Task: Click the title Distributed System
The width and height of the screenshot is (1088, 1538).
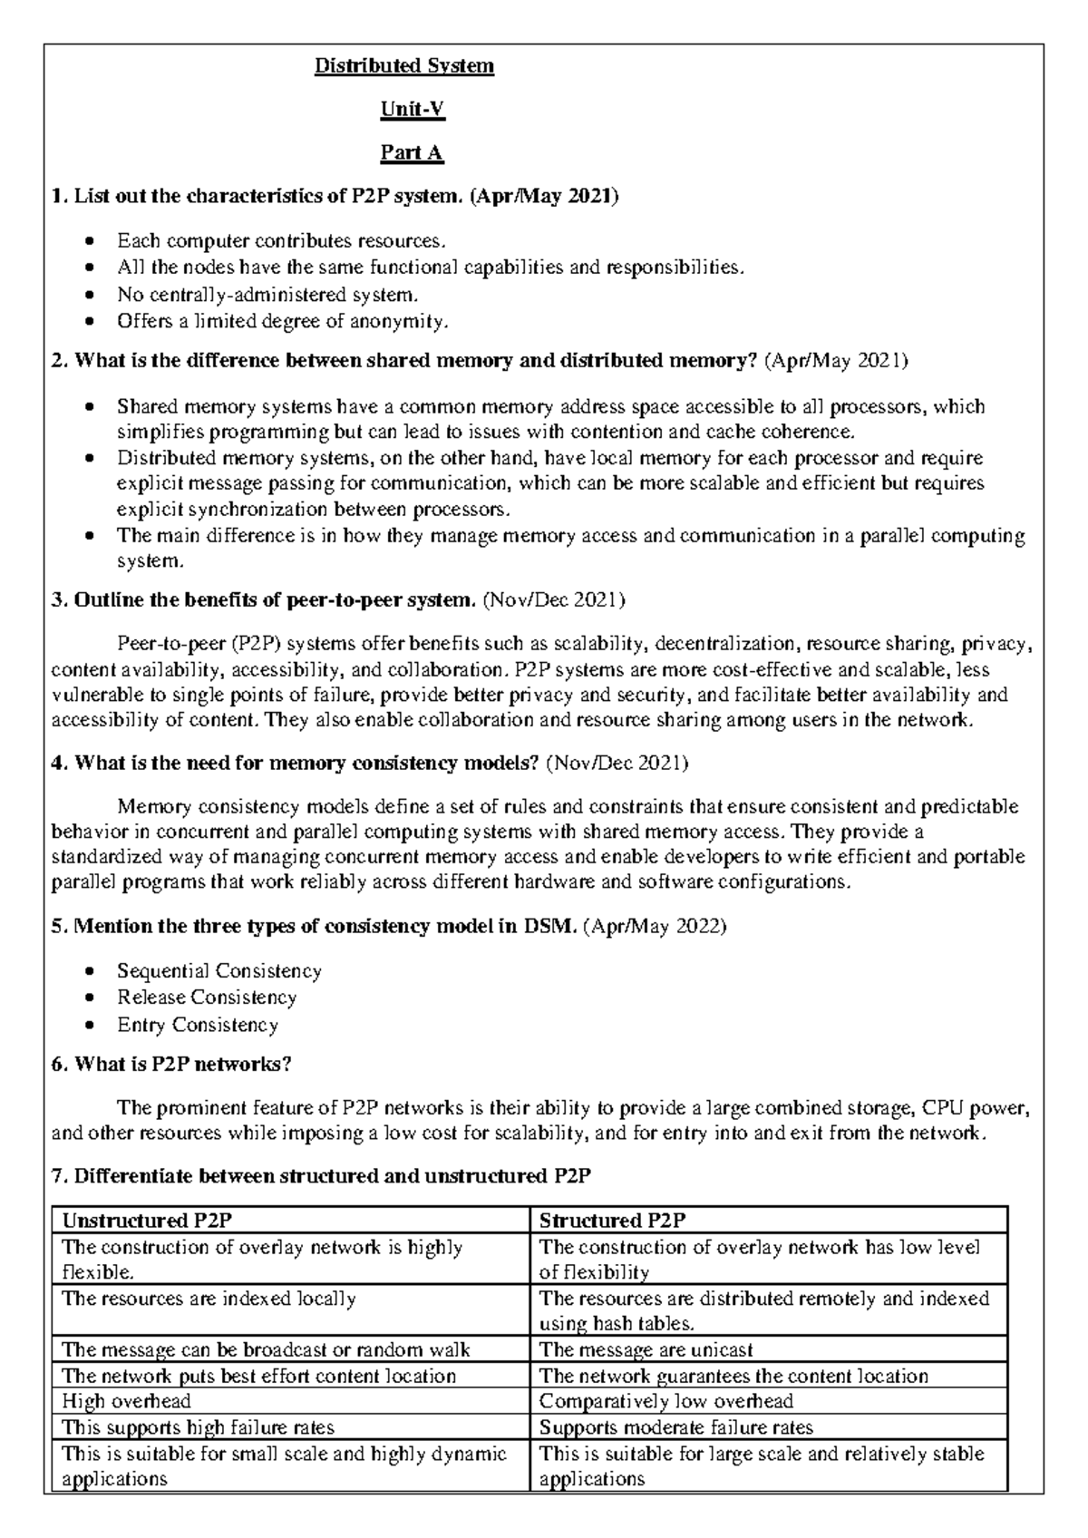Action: pos(403,66)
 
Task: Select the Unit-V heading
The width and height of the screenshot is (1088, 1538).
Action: pos(412,110)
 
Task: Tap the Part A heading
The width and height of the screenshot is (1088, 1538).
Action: pos(412,153)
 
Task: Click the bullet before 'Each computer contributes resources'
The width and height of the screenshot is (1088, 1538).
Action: pos(88,241)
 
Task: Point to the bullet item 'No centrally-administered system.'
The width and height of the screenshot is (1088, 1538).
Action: pos(268,295)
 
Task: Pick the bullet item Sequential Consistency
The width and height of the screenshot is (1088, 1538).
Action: pos(219,971)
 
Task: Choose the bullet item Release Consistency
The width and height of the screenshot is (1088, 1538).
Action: pos(207,998)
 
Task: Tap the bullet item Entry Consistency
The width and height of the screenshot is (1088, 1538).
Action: pos(197,1025)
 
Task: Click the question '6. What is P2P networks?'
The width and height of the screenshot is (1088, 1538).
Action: pos(171,1064)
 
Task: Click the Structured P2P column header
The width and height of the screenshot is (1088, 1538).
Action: pos(612,1220)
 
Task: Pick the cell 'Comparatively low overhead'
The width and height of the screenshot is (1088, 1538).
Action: pos(666,1401)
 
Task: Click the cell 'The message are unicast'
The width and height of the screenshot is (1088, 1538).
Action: pos(646,1349)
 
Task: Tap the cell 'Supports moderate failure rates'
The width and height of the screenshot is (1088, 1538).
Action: pos(675,1427)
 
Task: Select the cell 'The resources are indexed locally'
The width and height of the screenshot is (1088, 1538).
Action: pos(209,1299)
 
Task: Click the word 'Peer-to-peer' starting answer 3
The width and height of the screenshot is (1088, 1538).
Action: pos(170,645)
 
